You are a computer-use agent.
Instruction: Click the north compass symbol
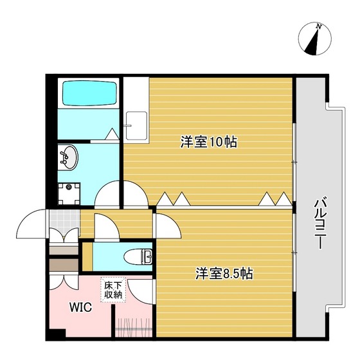[x=315, y=39]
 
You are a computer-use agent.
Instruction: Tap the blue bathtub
[x=89, y=93]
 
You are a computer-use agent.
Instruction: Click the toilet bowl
[x=138, y=256]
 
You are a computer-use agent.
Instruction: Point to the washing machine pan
[x=69, y=194]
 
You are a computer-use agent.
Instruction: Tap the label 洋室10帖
[x=209, y=142]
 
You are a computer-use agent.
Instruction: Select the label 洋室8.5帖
[x=224, y=273]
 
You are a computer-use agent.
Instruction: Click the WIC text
[x=81, y=307]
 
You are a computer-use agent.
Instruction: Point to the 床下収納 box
[x=113, y=290]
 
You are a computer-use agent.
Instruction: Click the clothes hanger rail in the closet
[x=134, y=329]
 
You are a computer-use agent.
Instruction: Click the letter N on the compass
[x=318, y=26]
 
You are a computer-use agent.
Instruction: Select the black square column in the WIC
[x=58, y=334]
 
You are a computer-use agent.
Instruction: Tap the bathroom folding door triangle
[x=113, y=134]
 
